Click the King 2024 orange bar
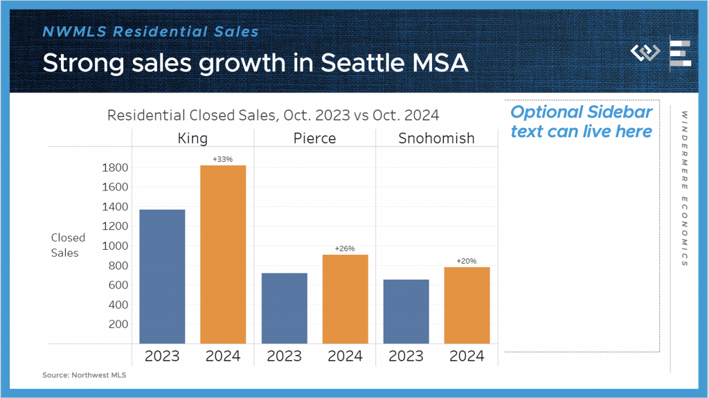click(223, 254)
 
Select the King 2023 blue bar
click(162, 276)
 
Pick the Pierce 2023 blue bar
click(284, 308)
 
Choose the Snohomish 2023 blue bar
click(406, 311)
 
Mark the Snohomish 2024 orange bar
click(467, 305)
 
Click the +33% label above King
click(223, 160)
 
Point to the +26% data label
click(345, 249)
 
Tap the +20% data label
click(467, 262)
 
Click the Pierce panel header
click(314, 138)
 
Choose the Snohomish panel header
click(436, 138)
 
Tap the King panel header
click(192, 138)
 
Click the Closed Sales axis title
click(65, 245)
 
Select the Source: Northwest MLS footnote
click(84, 375)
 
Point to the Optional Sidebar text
click(581, 122)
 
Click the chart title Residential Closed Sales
click(273, 115)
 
